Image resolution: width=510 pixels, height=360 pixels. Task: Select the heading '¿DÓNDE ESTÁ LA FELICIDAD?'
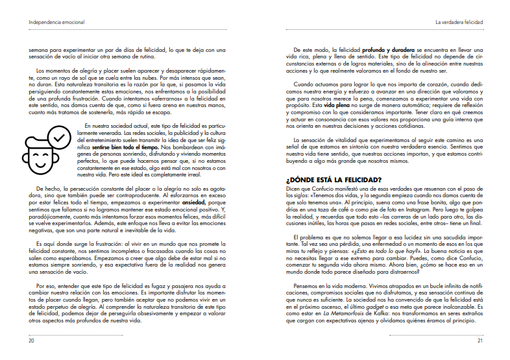click(x=334, y=179)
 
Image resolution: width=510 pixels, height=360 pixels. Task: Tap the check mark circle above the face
click(x=59, y=138)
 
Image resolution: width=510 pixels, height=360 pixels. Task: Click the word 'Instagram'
click(x=400, y=210)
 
